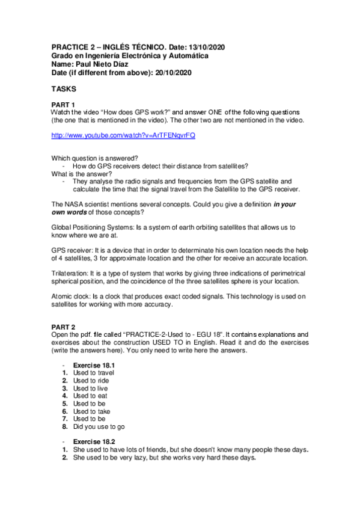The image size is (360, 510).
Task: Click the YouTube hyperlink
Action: [123, 136]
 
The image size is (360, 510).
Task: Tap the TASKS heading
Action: [64, 88]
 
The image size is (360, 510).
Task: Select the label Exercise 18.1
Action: [94, 365]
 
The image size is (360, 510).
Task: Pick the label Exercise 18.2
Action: [94, 441]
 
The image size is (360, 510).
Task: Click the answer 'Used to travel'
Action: [94, 373]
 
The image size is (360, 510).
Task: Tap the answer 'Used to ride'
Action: [91, 381]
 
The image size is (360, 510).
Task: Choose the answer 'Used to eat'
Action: [90, 396]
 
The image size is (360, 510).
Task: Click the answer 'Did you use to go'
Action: [100, 426]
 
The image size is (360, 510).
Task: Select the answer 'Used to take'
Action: [91, 411]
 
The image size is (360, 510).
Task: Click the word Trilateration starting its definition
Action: [70, 272]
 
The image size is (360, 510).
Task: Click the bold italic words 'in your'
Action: [284, 204]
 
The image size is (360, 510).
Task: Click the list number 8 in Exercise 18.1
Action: [64, 426]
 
